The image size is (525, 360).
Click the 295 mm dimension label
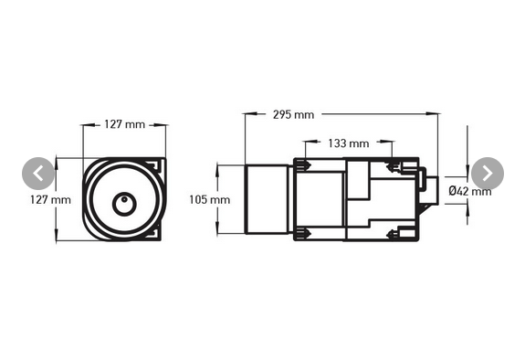(293, 114)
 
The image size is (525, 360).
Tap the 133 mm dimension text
(347, 143)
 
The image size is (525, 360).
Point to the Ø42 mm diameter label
(470, 191)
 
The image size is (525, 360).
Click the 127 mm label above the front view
(124, 124)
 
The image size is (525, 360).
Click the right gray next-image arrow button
(487, 173)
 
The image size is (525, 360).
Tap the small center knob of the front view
(121, 202)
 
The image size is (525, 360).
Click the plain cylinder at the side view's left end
(269, 198)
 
